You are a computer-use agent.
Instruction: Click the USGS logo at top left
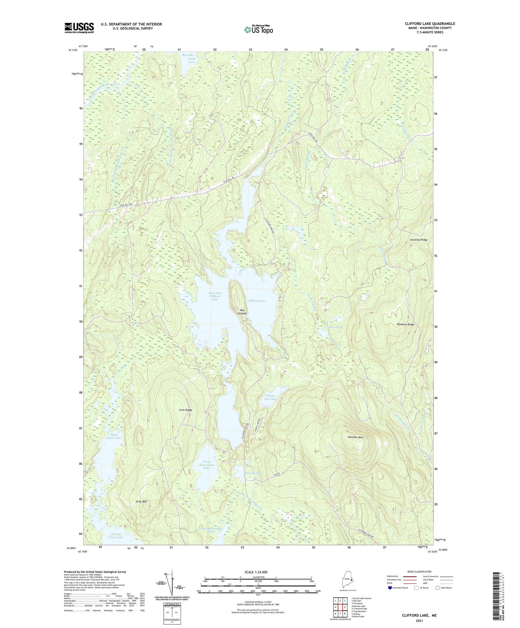click(x=79, y=28)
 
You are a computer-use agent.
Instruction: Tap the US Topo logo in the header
click(x=258, y=30)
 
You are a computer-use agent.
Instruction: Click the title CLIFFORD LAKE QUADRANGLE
click(x=430, y=24)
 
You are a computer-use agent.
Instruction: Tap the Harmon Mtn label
click(x=355, y=437)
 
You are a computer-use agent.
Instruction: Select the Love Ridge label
click(x=185, y=410)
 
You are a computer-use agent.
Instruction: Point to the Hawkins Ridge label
click(x=405, y=324)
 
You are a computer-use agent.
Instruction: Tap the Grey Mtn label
click(x=142, y=501)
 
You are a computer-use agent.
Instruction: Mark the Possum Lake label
click(x=254, y=473)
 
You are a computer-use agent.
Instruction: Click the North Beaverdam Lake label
click(x=207, y=465)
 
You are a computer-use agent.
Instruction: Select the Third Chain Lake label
click(x=114, y=436)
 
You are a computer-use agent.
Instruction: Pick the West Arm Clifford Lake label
click(x=215, y=296)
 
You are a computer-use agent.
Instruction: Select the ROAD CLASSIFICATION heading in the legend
click(x=419, y=572)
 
